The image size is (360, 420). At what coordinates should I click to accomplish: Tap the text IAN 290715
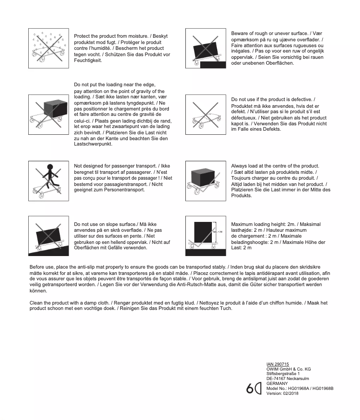pyautogui.click(x=277, y=364)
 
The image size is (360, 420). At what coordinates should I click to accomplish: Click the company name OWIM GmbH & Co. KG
pyautogui.click(x=288, y=369)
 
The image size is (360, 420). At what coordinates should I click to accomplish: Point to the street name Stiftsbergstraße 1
pyautogui.click(x=283, y=374)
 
